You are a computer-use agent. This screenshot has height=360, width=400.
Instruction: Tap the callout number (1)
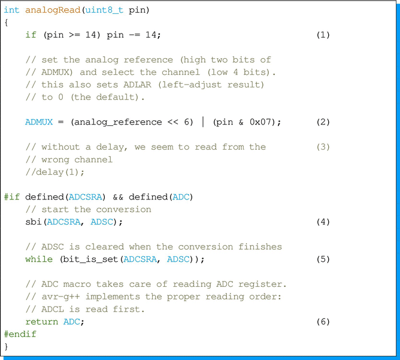pos(323,35)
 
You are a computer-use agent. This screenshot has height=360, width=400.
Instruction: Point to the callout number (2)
pos(323,122)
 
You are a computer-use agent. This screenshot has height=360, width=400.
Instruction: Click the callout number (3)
pos(323,147)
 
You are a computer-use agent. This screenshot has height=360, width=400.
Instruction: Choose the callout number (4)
pos(323,222)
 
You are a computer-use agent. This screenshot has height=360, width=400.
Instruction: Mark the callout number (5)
pos(323,259)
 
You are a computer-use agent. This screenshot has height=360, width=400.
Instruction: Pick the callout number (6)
pos(323,322)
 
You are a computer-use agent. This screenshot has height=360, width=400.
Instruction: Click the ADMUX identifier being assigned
pos(39,122)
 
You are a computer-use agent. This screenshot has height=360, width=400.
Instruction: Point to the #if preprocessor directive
pos(11,197)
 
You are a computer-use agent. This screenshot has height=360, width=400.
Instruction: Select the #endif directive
pos(20,334)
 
